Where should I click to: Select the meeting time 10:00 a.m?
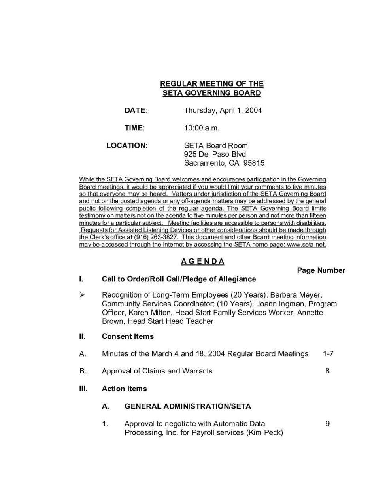(201, 128)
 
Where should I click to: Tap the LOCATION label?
(126, 145)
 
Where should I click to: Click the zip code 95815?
(254, 163)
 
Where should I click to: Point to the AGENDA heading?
(202, 261)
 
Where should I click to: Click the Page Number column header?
(321, 270)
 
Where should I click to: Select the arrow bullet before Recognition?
(82, 295)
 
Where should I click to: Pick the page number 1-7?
(328, 354)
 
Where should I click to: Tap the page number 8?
(327, 371)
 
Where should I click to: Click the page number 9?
(327, 424)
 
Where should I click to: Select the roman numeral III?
(83, 389)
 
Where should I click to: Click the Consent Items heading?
(128, 336)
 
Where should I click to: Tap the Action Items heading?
(124, 389)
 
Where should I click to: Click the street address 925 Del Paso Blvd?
(216, 154)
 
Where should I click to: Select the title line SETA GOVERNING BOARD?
(212, 93)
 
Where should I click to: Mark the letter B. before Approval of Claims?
(83, 371)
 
